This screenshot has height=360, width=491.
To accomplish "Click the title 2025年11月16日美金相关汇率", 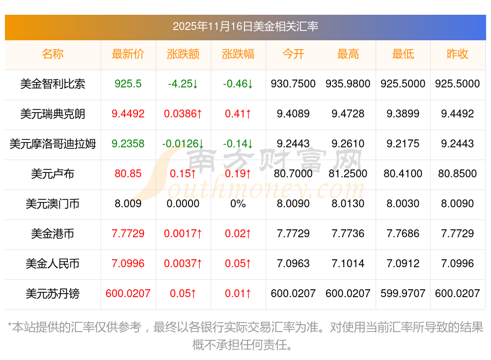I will (245, 27).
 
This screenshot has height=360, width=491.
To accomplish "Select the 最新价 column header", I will (128, 54).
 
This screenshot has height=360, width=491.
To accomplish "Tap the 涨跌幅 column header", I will (238, 54).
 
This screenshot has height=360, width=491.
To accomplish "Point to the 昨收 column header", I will (458, 54).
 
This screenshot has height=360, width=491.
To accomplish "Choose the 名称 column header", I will (53, 54).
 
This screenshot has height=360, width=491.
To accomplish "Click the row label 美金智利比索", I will (53, 84).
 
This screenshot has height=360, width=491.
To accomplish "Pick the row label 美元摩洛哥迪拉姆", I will (53, 144).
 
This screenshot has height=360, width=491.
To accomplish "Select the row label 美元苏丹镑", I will (53, 294).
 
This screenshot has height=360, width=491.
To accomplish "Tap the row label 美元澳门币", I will (53, 204).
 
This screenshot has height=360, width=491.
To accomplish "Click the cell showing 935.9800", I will (348, 84).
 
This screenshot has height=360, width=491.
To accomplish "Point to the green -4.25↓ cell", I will (183, 84).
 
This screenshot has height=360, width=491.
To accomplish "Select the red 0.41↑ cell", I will (238, 114).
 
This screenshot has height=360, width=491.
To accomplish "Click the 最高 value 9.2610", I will (348, 144).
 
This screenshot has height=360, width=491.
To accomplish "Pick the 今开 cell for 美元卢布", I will (293, 174).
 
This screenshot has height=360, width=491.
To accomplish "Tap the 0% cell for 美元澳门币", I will (238, 204).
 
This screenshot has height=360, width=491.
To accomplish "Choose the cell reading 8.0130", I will (348, 204).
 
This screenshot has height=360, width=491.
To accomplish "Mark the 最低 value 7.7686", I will (403, 234).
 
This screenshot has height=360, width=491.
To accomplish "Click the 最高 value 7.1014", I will (348, 264).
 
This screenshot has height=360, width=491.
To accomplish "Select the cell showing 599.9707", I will (403, 294).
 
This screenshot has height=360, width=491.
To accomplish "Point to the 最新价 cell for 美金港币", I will (128, 234).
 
